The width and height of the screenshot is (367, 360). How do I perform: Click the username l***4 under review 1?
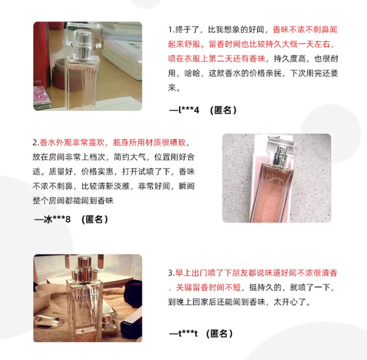(x=189, y=110)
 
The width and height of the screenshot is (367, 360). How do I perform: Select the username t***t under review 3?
(x=188, y=333)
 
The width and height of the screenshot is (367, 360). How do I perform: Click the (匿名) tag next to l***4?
(x=223, y=110)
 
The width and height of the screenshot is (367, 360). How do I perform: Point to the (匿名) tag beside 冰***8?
(x=94, y=219)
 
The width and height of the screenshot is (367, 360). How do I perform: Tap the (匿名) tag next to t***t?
(x=220, y=333)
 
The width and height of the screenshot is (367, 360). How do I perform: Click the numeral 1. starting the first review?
(x=171, y=30)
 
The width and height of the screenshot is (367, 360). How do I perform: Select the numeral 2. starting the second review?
(x=36, y=142)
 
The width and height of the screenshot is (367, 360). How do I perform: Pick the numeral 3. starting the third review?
(x=171, y=273)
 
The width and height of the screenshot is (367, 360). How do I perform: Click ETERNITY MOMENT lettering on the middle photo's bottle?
(x=276, y=178)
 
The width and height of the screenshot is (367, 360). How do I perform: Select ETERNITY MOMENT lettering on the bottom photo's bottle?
(x=86, y=295)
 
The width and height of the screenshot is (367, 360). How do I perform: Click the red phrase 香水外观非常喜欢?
(x=72, y=142)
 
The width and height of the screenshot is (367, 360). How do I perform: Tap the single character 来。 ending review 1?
(x=174, y=88)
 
